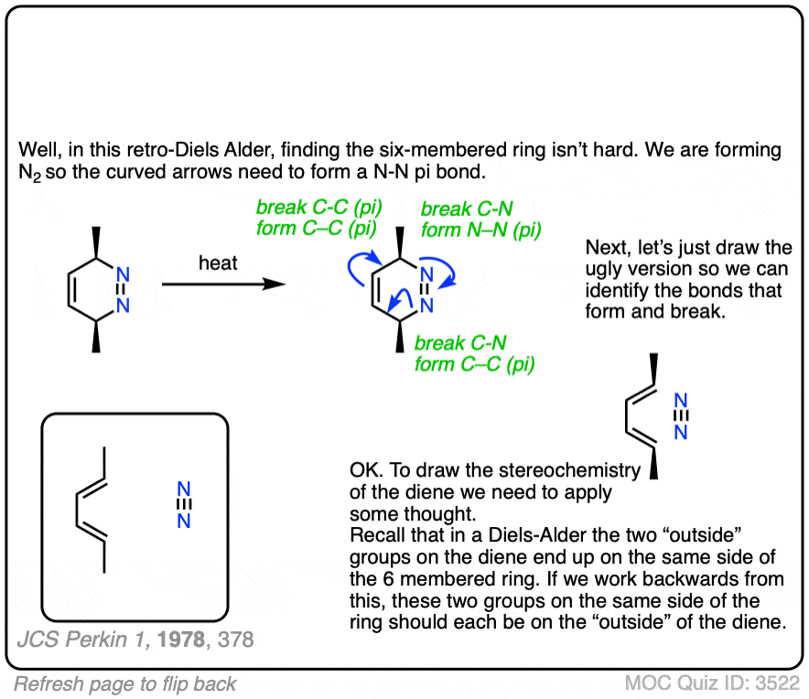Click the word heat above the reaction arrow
[218, 263]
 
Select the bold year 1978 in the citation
[181, 640]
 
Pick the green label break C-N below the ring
[459, 344]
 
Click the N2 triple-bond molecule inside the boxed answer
[184, 504]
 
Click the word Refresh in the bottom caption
[45, 683]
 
